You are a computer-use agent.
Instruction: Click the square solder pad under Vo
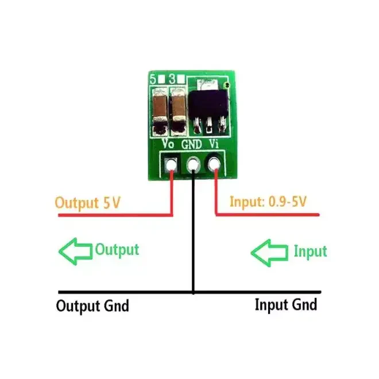171,166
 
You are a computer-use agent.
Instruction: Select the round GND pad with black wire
193,167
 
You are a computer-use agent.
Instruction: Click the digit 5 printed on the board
153,79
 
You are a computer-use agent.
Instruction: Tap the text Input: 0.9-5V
268,202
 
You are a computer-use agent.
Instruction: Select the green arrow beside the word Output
76,250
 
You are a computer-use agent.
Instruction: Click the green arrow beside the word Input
270,252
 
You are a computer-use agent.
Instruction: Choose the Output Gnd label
92,305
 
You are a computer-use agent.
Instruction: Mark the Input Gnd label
285,304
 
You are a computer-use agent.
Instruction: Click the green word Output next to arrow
117,249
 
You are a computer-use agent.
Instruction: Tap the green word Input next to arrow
310,251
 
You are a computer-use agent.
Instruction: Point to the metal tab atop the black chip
207,84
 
